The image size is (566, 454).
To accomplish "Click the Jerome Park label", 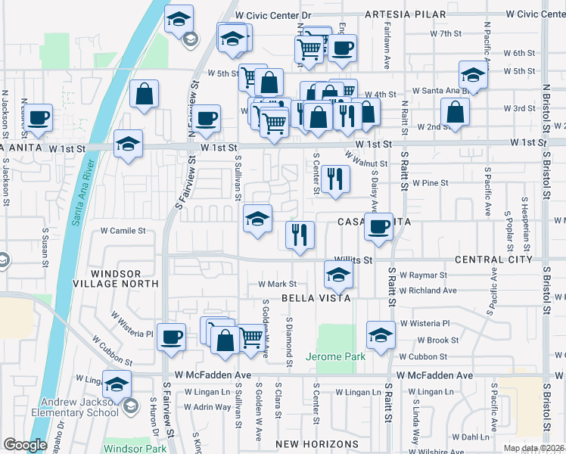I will [335, 356].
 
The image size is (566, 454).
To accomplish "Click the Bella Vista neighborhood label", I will [316, 298].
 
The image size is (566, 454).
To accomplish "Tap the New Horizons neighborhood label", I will [316, 443].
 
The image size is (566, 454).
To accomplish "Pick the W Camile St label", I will [123, 231].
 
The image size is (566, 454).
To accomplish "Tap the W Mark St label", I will [277, 284].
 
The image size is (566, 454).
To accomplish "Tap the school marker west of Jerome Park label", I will [381, 334].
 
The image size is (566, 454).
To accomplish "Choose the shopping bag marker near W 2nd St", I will [456, 113].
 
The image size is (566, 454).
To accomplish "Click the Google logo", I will [25, 445].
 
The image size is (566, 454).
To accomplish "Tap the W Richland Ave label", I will [429, 290].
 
